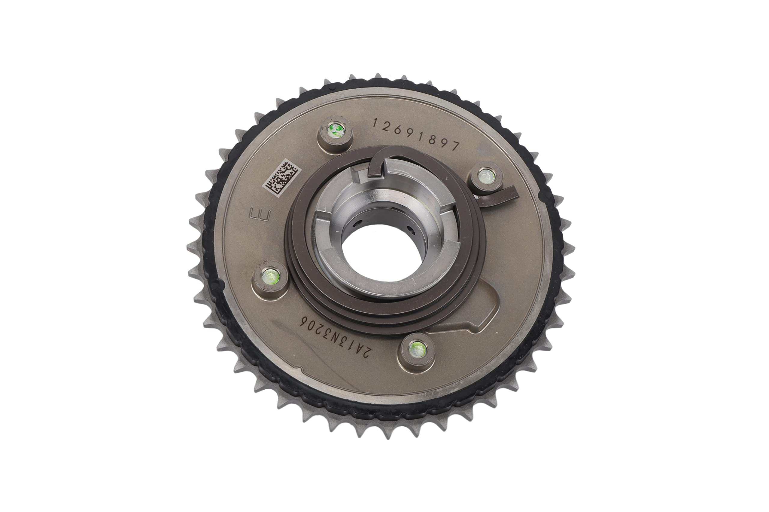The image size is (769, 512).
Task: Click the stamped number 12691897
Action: point(416,134)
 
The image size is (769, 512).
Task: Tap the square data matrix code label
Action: point(281,178)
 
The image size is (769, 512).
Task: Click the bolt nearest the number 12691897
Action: point(336,130)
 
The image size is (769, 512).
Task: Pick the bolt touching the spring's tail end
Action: point(486,176)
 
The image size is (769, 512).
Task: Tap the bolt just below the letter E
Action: point(270,276)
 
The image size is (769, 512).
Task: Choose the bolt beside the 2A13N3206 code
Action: point(418,350)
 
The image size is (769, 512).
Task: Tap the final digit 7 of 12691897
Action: point(455,146)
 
